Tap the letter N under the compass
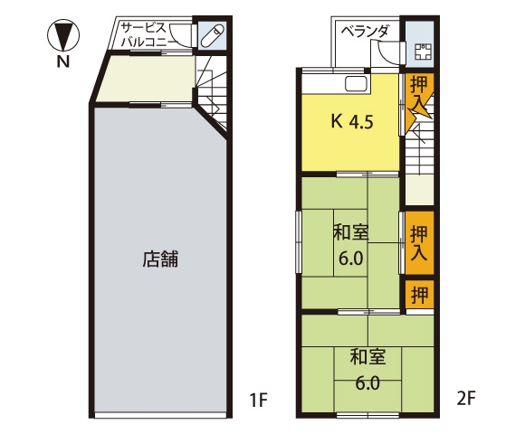click(x=63, y=62)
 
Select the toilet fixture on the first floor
click(x=213, y=35)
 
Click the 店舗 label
click(x=160, y=259)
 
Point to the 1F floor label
click(x=259, y=399)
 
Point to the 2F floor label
click(x=466, y=398)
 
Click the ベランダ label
click(x=365, y=32)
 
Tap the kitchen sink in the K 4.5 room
click(x=357, y=83)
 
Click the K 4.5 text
click(x=352, y=121)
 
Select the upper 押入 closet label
click(x=419, y=94)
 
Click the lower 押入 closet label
click(x=419, y=243)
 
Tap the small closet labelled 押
click(x=419, y=295)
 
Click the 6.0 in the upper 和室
click(x=350, y=259)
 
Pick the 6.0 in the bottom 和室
click(x=367, y=383)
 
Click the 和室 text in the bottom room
click(x=367, y=357)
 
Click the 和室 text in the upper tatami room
click(x=350, y=233)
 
